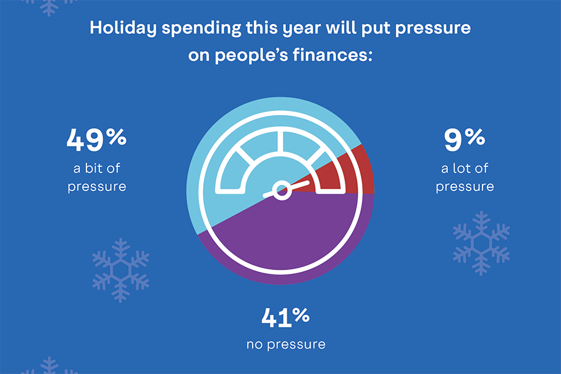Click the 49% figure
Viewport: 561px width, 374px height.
tap(96, 139)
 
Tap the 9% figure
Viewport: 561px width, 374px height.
tap(465, 139)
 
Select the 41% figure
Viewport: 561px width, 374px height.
tap(285, 317)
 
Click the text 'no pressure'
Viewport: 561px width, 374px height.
tap(286, 344)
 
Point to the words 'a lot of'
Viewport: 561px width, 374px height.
tap(465, 168)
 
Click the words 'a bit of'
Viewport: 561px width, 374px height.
tap(96, 168)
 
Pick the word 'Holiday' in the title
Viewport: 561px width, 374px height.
tap(123, 28)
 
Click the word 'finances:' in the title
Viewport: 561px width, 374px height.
tap(333, 55)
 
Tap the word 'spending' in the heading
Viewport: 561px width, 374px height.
tap(201, 28)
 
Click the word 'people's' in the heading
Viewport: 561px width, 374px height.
tap(251, 56)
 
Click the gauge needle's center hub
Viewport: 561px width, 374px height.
tap(282, 190)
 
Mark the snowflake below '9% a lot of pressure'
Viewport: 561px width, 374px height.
tap(481, 244)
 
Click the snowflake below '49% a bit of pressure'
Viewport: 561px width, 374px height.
tap(120, 270)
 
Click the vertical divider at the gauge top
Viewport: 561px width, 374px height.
tap(280, 142)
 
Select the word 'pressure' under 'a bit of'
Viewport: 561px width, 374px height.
tap(96, 187)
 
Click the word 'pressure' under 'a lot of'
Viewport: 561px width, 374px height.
tap(465, 187)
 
